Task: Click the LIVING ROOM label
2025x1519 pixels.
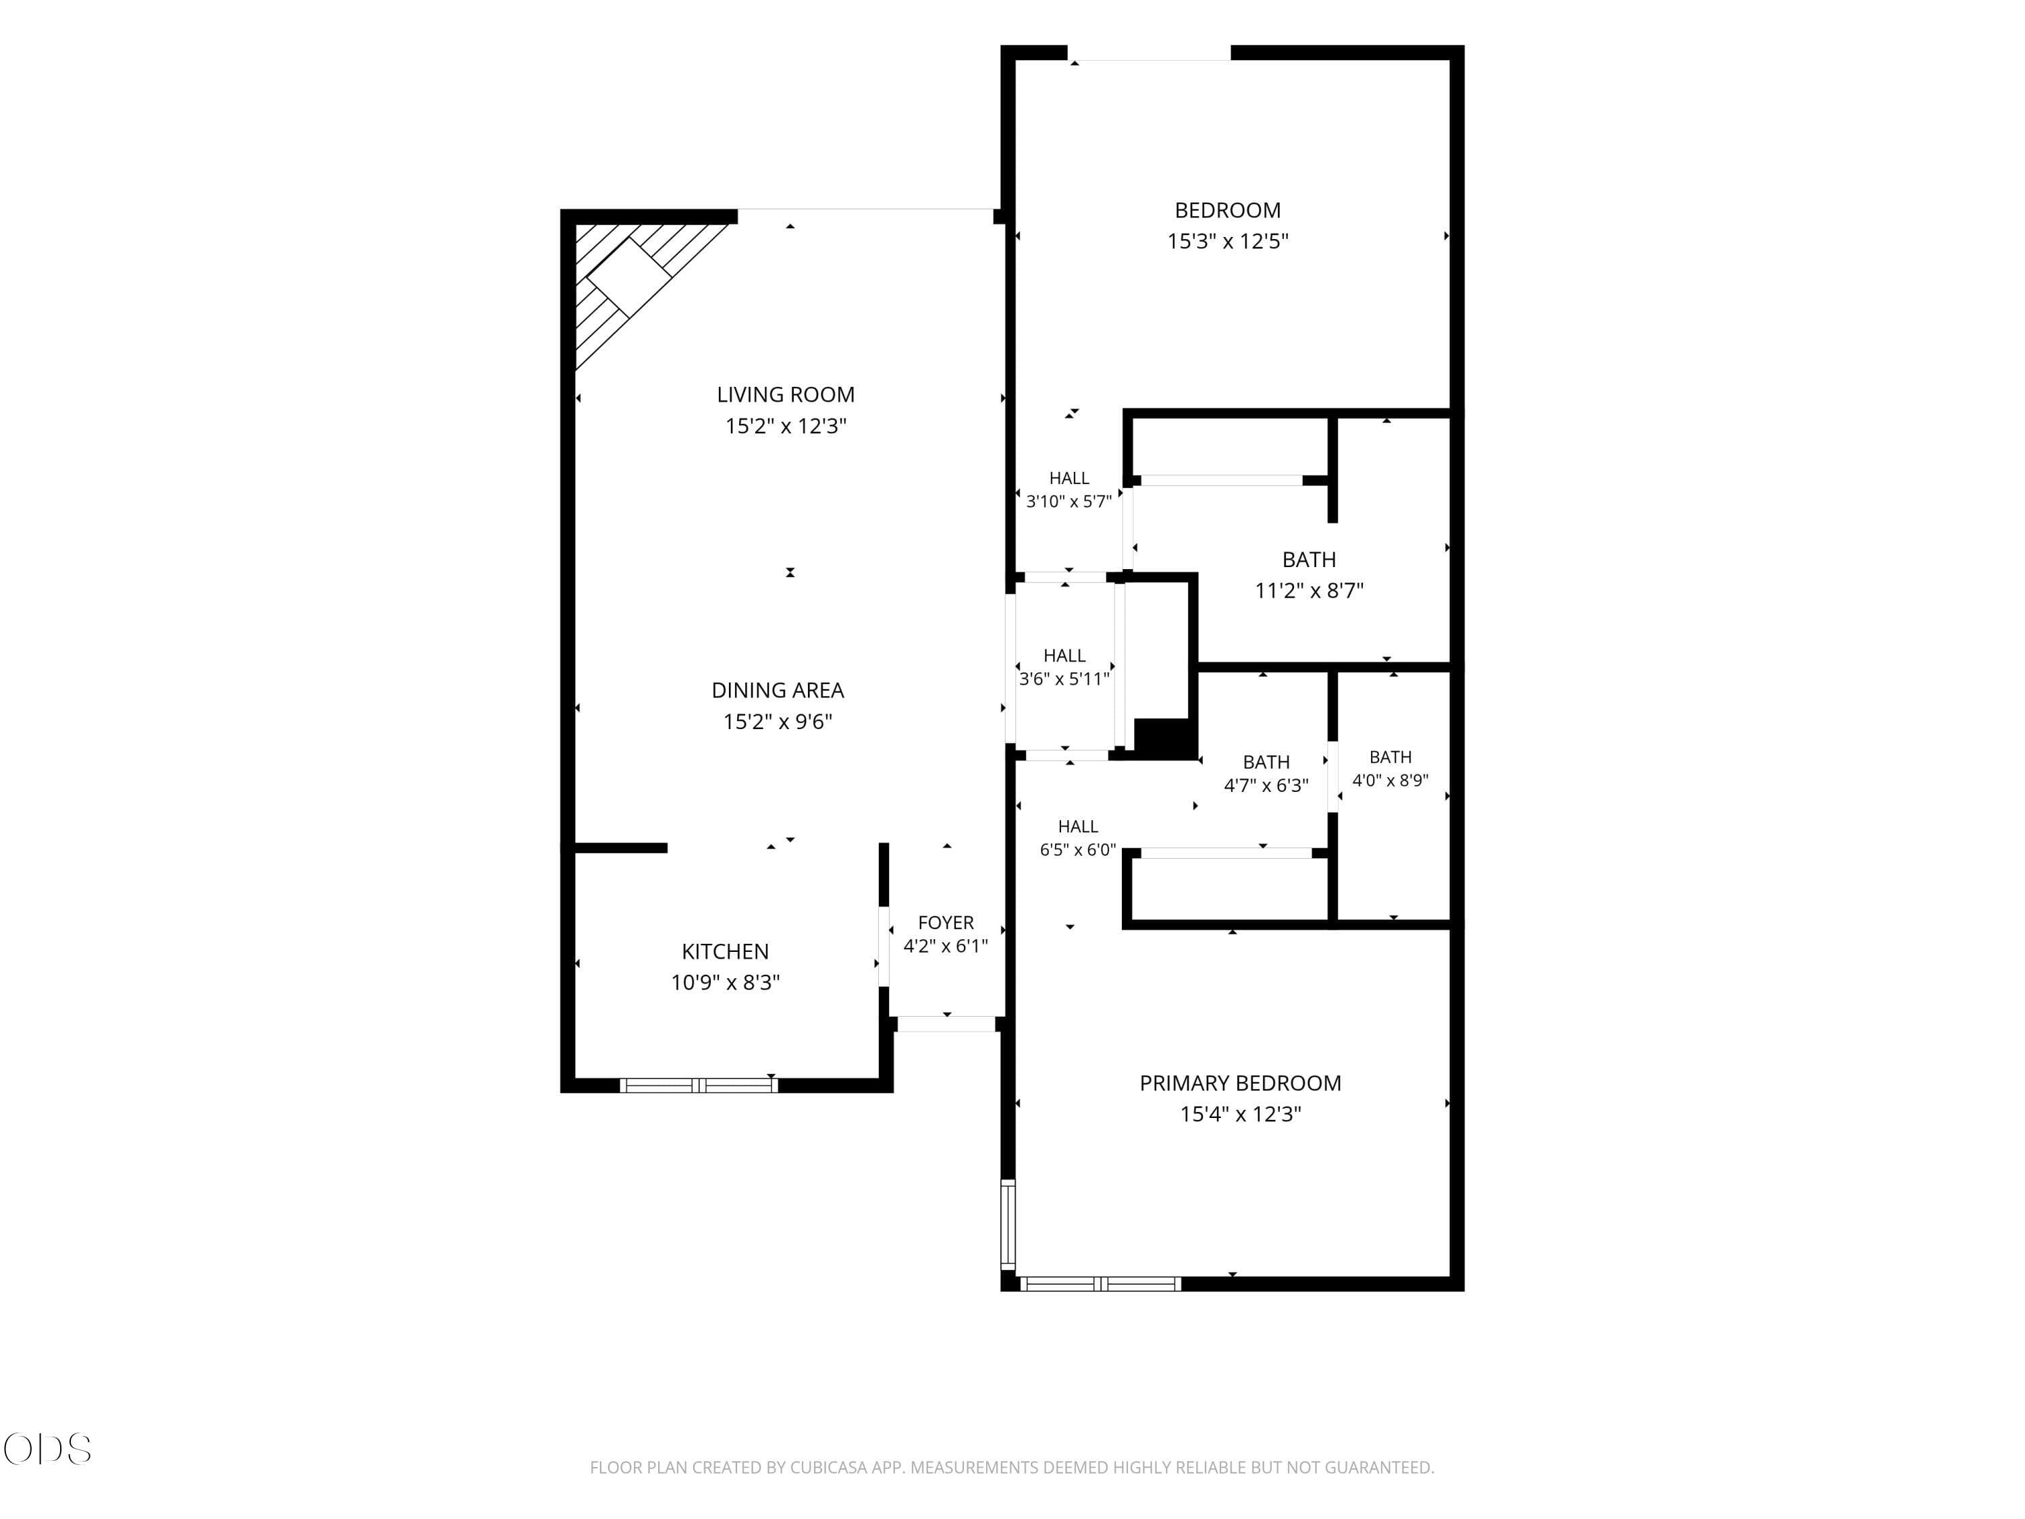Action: pos(786,395)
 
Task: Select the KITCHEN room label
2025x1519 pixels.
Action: pos(725,951)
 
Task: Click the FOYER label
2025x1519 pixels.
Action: pos(946,923)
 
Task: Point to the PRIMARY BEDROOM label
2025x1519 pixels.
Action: pos(1241,1083)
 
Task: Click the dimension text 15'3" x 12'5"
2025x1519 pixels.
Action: pos(1228,241)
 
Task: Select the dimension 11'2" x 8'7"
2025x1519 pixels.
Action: pos(1309,591)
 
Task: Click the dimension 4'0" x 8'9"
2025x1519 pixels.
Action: pos(1390,781)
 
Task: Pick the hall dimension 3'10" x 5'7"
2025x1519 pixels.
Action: pos(1069,502)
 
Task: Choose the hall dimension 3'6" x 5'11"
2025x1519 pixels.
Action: pos(1064,679)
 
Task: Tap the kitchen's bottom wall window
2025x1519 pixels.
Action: pos(699,1086)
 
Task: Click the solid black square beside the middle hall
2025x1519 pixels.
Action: pos(1164,738)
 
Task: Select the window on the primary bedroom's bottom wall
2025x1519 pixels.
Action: pos(1100,1283)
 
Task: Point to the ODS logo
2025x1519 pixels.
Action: pos(48,1449)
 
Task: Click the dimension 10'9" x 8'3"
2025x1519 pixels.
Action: pos(725,982)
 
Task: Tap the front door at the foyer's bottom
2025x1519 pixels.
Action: pos(946,1023)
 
